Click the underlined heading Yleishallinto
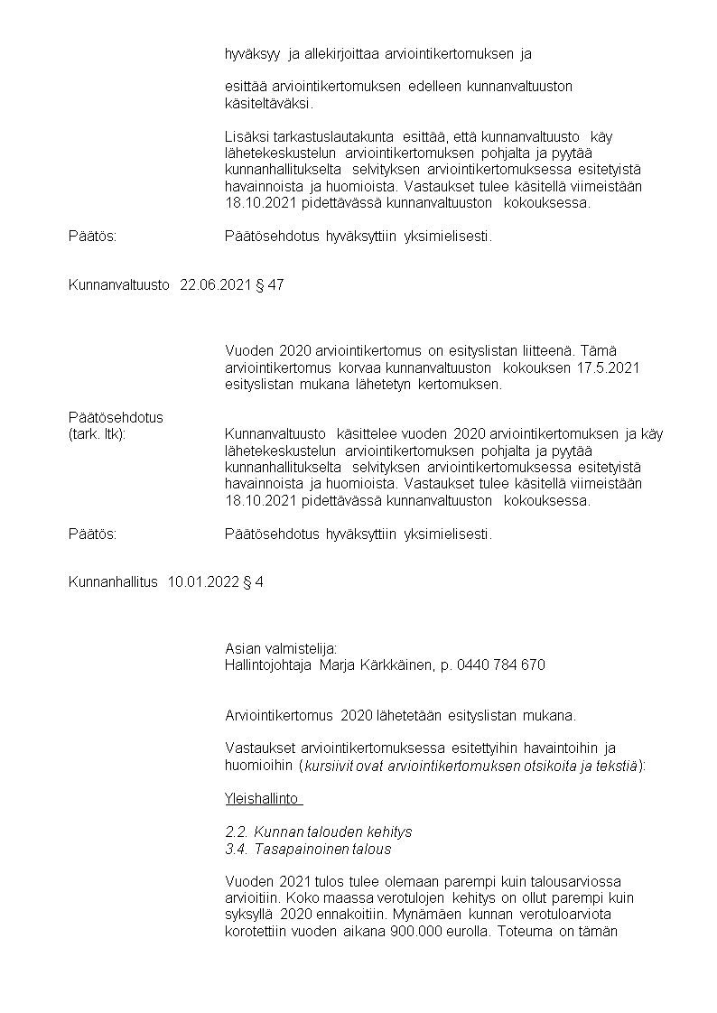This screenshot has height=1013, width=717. click(x=263, y=799)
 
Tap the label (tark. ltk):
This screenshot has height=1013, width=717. click(x=97, y=434)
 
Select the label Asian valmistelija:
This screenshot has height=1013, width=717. click(x=281, y=648)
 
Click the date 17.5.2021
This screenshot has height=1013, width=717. click(x=614, y=367)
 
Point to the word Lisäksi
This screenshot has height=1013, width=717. click(x=247, y=136)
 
